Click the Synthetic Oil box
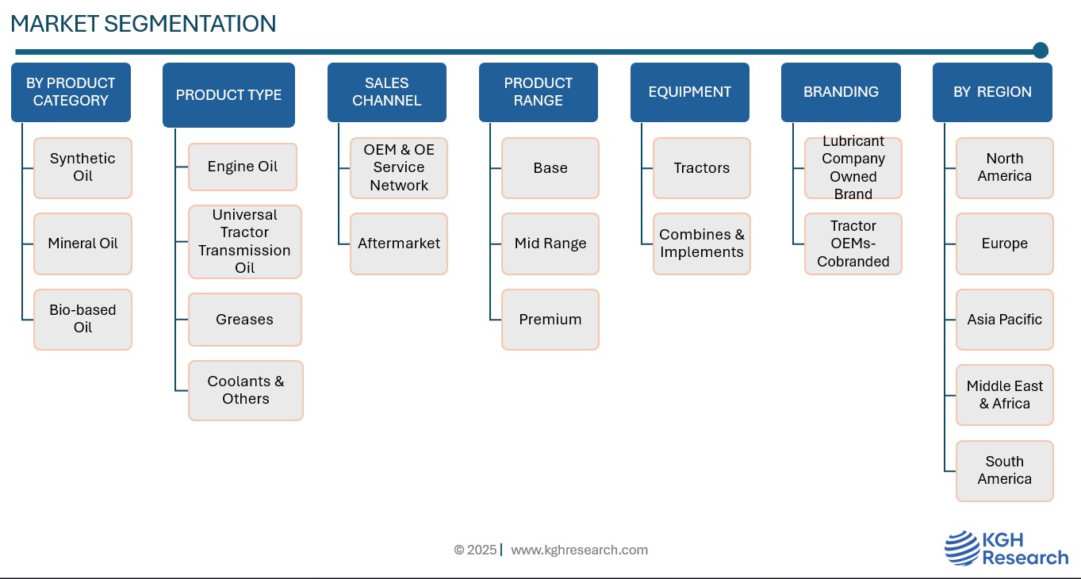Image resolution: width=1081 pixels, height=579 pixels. click(x=82, y=168)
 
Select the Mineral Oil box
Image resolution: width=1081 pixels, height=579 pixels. click(x=82, y=243)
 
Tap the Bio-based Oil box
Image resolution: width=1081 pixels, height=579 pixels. click(x=82, y=320)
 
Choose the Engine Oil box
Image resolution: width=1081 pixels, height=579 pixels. click(x=242, y=167)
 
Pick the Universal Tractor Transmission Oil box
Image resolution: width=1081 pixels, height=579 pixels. click(x=245, y=241)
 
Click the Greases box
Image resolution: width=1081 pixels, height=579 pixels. click(x=245, y=320)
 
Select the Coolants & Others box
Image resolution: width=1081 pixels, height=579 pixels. click(x=246, y=390)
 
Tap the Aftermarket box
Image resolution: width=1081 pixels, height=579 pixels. click(x=399, y=243)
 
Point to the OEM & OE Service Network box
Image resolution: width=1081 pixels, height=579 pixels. click(x=399, y=168)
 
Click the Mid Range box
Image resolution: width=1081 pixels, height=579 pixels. click(x=550, y=243)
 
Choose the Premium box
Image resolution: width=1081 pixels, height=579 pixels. click(x=550, y=320)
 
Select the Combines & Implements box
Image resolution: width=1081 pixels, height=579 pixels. click(x=702, y=243)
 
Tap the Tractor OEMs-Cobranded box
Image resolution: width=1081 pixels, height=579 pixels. click(x=853, y=243)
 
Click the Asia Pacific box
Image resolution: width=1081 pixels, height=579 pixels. click(x=1005, y=320)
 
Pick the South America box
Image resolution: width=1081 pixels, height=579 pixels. click(x=1005, y=471)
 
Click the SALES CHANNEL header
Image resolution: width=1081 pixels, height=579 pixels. click(x=386, y=92)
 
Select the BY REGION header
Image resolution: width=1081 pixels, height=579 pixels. click(x=992, y=92)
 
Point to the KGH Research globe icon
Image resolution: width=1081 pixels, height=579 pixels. click(x=962, y=547)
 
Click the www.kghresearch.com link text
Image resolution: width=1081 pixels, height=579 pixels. click(x=579, y=550)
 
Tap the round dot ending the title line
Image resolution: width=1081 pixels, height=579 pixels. click(x=1041, y=51)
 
